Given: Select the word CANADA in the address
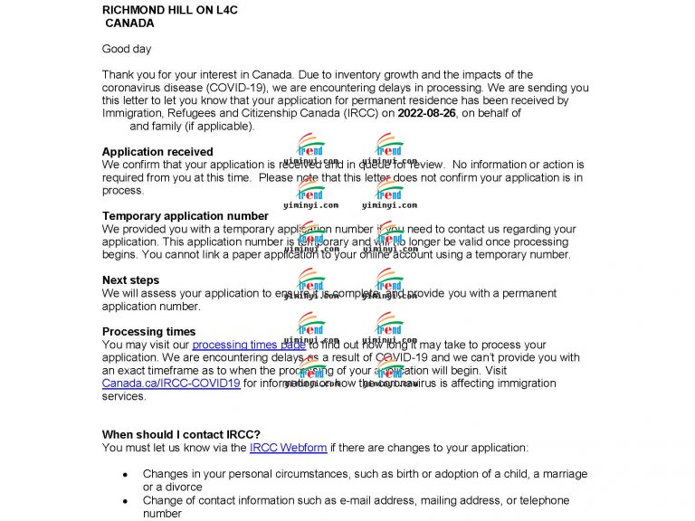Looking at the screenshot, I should tap(129, 23).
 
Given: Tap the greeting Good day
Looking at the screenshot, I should tap(127, 49).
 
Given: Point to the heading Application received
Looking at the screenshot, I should tap(157, 152).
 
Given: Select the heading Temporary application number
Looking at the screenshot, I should tap(185, 216).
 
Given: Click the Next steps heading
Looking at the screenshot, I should tap(130, 280).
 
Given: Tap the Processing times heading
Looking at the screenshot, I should tap(148, 332).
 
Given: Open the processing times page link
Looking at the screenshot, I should tap(248, 345).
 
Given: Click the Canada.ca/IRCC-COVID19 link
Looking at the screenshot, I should tap(171, 384).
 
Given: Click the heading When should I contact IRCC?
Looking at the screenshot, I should tap(181, 434).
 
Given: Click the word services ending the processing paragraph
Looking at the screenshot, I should tap(124, 396).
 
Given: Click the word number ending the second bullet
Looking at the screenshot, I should tap(162, 513).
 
